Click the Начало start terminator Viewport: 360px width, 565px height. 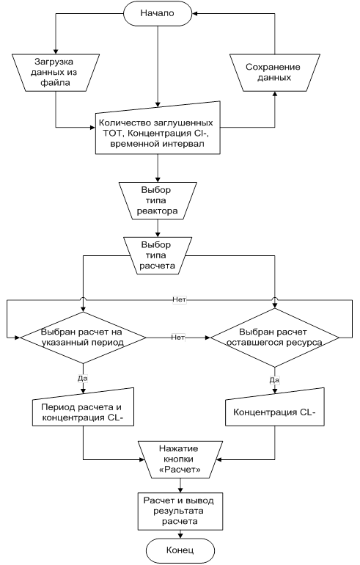pos(158,13)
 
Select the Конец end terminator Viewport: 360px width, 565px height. pos(180,550)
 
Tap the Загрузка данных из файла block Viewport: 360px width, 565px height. pos(56,73)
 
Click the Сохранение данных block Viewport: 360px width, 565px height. pos(275,73)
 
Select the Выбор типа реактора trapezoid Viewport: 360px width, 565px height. pos(158,200)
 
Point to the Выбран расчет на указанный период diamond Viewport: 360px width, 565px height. pos(83,338)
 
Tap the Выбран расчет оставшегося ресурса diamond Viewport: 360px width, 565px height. pos(275,338)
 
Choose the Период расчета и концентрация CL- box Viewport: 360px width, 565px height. pos(83,407)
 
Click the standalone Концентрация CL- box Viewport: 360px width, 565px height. pos(275,407)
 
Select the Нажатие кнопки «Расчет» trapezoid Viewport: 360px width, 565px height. pos(180,459)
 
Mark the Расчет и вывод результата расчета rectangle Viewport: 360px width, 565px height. pos(180,511)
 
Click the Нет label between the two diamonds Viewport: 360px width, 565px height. pos(178,338)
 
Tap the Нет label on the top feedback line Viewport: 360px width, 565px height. pos(179,300)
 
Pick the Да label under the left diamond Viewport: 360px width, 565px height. pos(83,379)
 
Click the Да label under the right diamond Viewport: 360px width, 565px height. pos(274,380)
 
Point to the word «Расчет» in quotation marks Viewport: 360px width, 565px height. pos(180,470)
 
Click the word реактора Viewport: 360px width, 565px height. pos(158,211)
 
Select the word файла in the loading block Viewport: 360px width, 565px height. pos(55,83)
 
